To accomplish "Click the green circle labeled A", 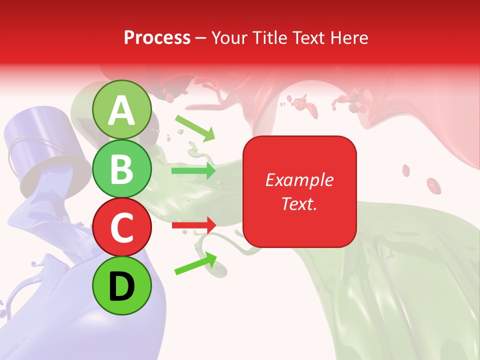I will pos(121,110).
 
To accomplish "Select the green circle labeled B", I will pos(121,169).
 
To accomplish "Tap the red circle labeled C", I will pos(121,227).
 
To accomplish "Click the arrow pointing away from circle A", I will pos(195,128).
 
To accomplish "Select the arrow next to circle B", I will pos(194,171).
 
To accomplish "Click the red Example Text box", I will pos(299,191).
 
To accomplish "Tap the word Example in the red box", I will pos(299,180).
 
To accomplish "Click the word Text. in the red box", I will pos(299,203).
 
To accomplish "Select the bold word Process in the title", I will pos(157,37).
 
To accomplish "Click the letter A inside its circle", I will pos(121,110).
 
